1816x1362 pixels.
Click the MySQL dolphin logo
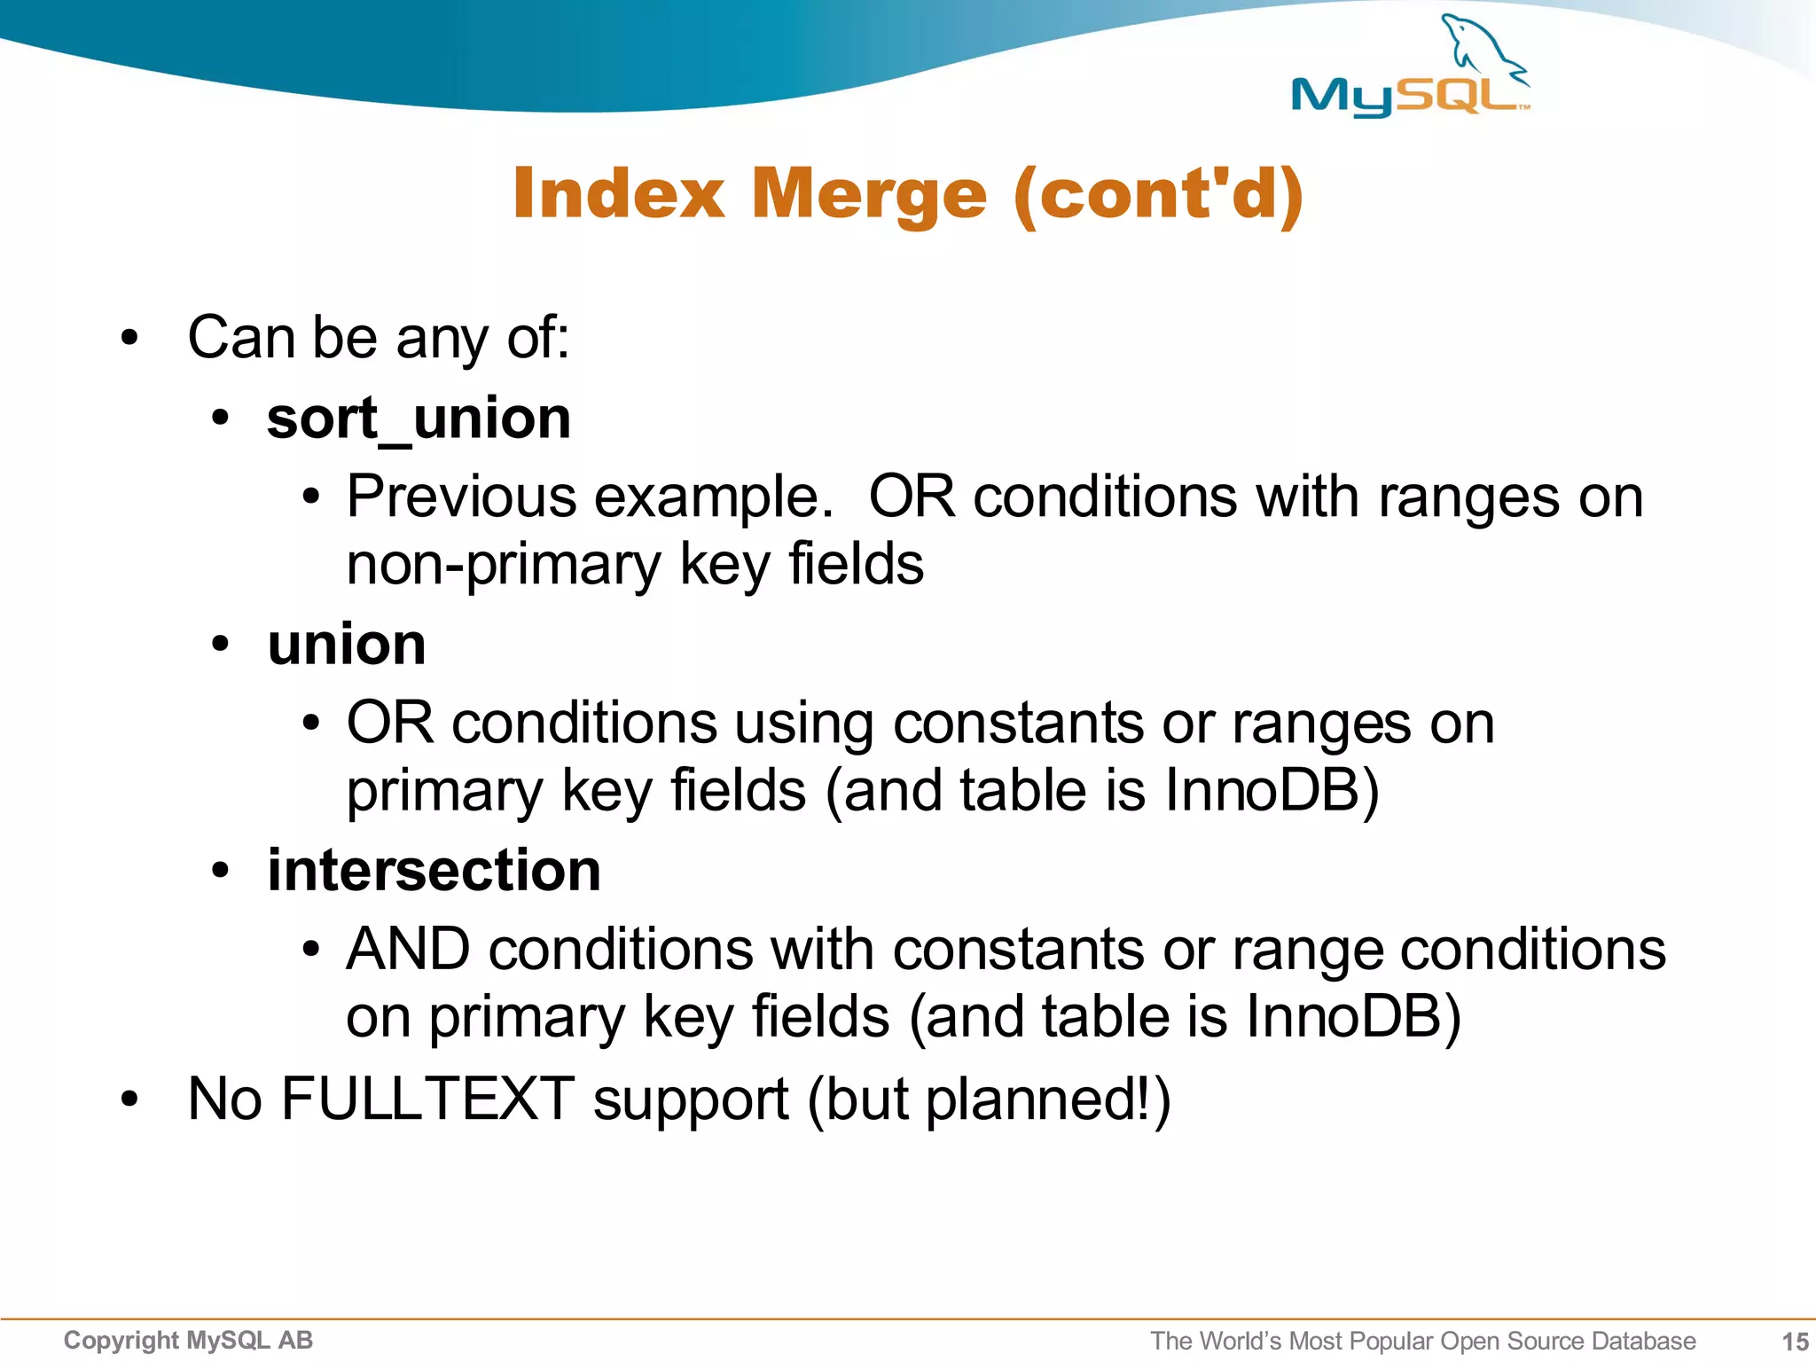[x=1410, y=67]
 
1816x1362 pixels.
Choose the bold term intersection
[x=434, y=870]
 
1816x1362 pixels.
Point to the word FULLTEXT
[x=427, y=1099]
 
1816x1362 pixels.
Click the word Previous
[x=461, y=497]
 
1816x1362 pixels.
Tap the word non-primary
[x=504, y=565]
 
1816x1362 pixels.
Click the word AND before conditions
[x=408, y=949]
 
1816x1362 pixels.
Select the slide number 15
[x=1795, y=1342]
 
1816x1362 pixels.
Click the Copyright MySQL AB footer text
[x=188, y=1341]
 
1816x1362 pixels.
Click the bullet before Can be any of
[x=130, y=339]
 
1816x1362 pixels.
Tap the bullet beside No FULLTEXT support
[x=130, y=1100]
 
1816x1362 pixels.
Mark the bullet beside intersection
[x=221, y=871]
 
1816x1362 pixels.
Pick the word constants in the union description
[x=1018, y=723]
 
